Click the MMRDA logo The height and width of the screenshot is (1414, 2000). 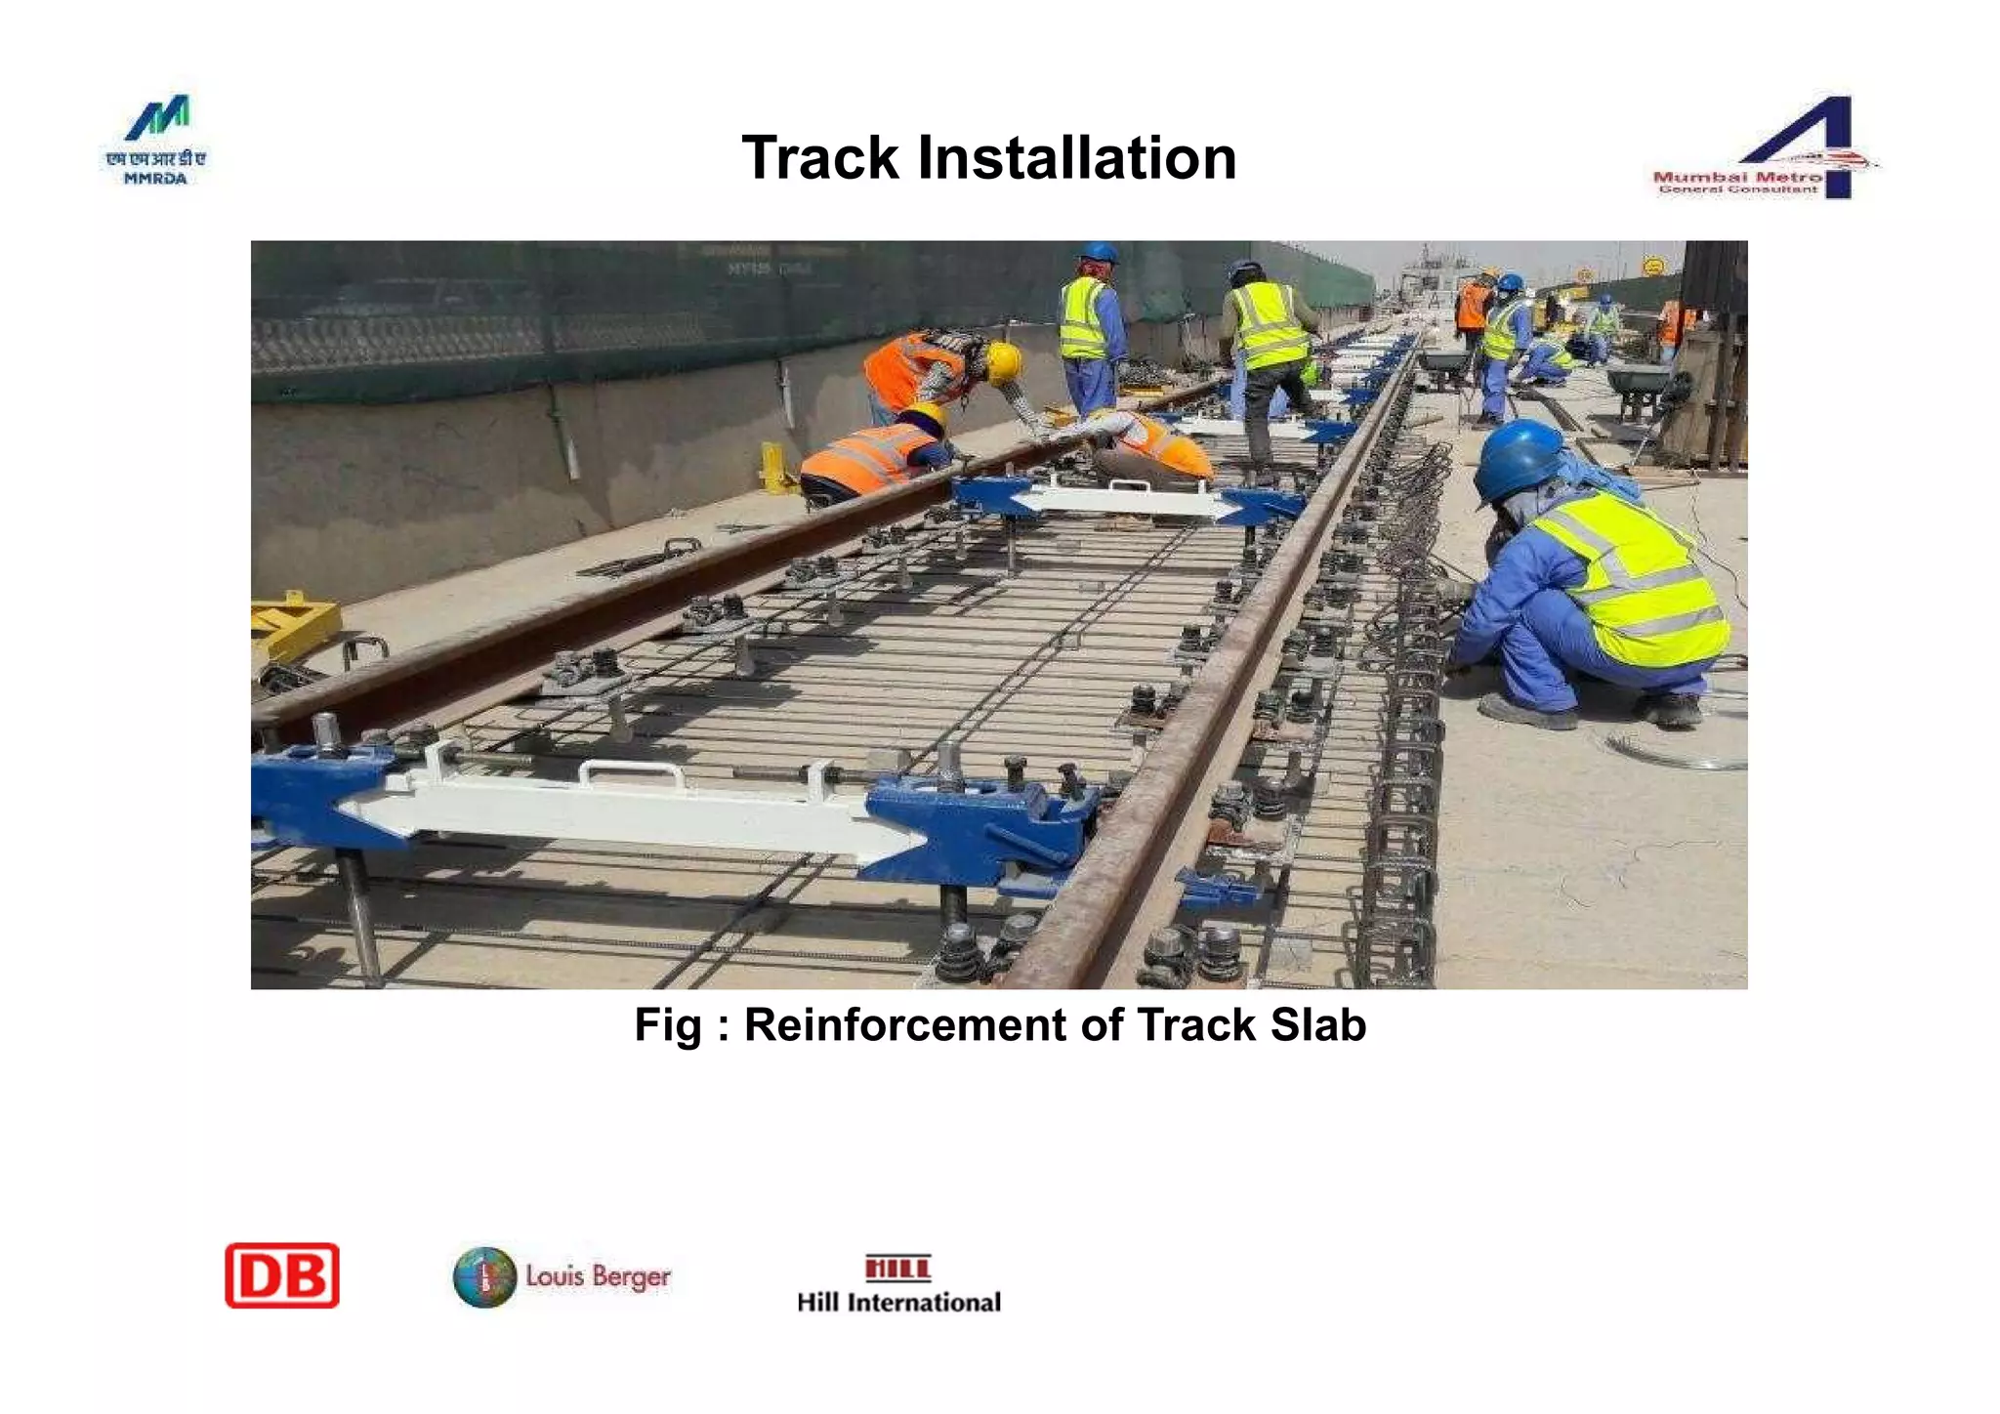[156, 140]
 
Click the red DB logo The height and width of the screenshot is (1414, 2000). [282, 1275]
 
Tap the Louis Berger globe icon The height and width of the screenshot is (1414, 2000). [484, 1277]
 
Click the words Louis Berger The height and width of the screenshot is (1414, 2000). [598, 1276]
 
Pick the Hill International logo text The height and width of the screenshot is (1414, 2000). [898, 1302]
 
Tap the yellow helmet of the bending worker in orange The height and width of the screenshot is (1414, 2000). [1003, 362]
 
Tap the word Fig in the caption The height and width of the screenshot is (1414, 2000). [668, 1025]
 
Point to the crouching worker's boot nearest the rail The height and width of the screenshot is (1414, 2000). [1527, 714]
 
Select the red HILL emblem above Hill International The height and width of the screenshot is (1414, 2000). [897, 1268]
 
